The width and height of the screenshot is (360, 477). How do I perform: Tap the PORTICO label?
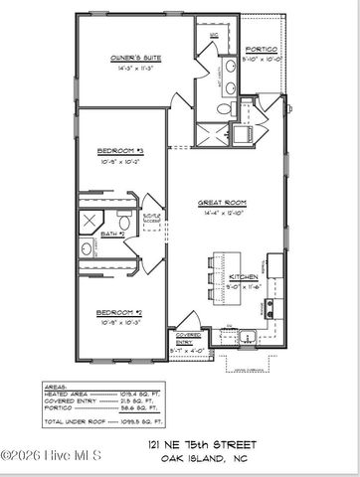pyautogui.click(x=263, y=49)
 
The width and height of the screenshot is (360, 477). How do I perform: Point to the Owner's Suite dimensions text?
pyautogui.click(x=130, y=71)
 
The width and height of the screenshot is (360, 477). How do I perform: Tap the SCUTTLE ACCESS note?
pyautogui.click(x=150, y=217)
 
